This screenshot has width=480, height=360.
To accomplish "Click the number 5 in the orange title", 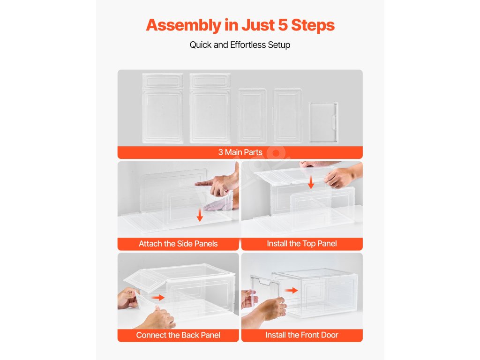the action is pos(283,25).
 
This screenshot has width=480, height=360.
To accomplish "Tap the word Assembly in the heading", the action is pos(183,26).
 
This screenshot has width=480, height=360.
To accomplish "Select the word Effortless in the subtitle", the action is pos(248,45).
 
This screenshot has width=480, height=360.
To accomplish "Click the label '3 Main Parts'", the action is pos(240,152).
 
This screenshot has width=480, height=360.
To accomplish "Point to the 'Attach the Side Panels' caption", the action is pos(178,244).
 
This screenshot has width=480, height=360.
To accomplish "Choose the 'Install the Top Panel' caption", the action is pos(302,244).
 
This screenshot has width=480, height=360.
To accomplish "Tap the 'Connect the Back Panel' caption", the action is pos(178,335).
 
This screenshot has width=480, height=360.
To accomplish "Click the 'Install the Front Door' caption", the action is pos(302,335).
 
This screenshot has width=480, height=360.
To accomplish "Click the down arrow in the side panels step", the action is pos(200,215).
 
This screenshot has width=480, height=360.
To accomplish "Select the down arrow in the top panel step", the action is pos(311,182).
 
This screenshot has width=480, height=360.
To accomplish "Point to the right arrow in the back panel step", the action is pos(158,297).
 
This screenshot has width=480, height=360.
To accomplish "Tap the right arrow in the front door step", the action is pos(291,290).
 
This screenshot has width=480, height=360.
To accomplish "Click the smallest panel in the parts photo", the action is pos(323,122).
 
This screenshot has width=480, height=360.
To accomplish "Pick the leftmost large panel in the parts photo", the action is pos(163,108).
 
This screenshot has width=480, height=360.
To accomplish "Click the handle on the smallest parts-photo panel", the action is pos(334,122).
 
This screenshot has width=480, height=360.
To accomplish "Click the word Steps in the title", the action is pos(313,26).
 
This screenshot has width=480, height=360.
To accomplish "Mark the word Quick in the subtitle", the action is pos(201,45).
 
